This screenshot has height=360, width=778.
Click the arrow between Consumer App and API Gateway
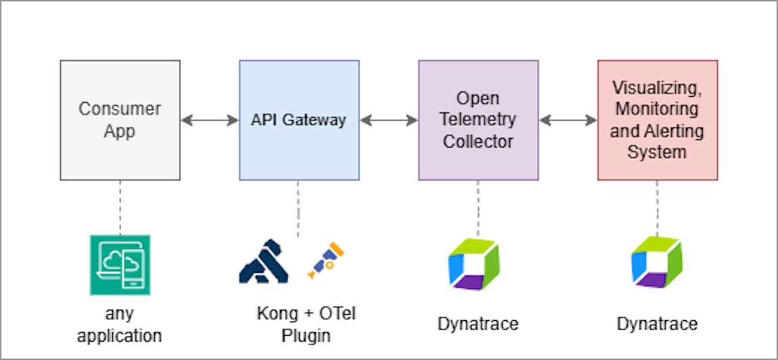(x=210, y=120)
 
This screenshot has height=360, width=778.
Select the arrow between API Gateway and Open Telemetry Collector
(x=388, y=120)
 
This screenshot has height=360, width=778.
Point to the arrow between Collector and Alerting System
(x=568, y=120)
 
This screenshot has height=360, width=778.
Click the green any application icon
(x=120, y=265)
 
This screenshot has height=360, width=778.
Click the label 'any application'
(x=120, y=324)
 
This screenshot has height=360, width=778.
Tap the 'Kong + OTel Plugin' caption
(x=306, y=324)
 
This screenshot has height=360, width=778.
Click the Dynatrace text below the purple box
(x=478, y=324)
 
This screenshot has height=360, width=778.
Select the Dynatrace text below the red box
(x=657, y=324)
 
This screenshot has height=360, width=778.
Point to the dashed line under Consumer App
(x=120, y=207)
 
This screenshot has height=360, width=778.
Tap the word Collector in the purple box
(x=478, y=141)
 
